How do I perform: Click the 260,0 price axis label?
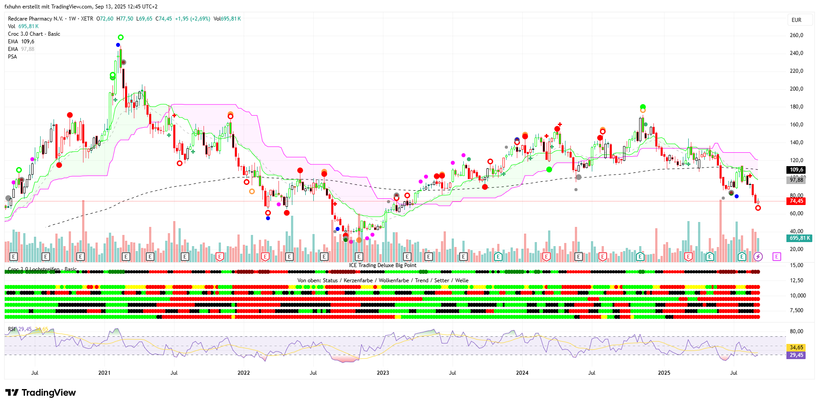pos(796,35)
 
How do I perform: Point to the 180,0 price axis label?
pos(796,107)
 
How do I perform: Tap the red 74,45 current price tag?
pos(796,201)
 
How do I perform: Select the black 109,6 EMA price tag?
pos(796,170)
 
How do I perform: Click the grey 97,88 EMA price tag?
pos(796,180)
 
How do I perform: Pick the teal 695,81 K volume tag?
pos(799,238)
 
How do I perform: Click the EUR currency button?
pos(796,20)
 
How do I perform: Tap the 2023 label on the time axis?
pos(382,373)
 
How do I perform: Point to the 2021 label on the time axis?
pos(104,373)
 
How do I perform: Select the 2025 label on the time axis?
pos(664,373)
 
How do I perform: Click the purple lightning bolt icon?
pos(758,256)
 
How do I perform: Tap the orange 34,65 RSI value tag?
pos(796,347)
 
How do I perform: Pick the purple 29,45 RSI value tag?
pos(796,355)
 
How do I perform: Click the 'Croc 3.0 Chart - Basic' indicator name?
pos(34,34)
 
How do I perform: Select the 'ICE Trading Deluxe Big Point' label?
pos(382,265)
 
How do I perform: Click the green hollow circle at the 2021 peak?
pos(121,38)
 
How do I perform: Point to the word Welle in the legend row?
pos(461,280)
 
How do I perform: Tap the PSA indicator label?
pos(12,57)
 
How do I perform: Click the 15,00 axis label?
pos(796,265)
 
